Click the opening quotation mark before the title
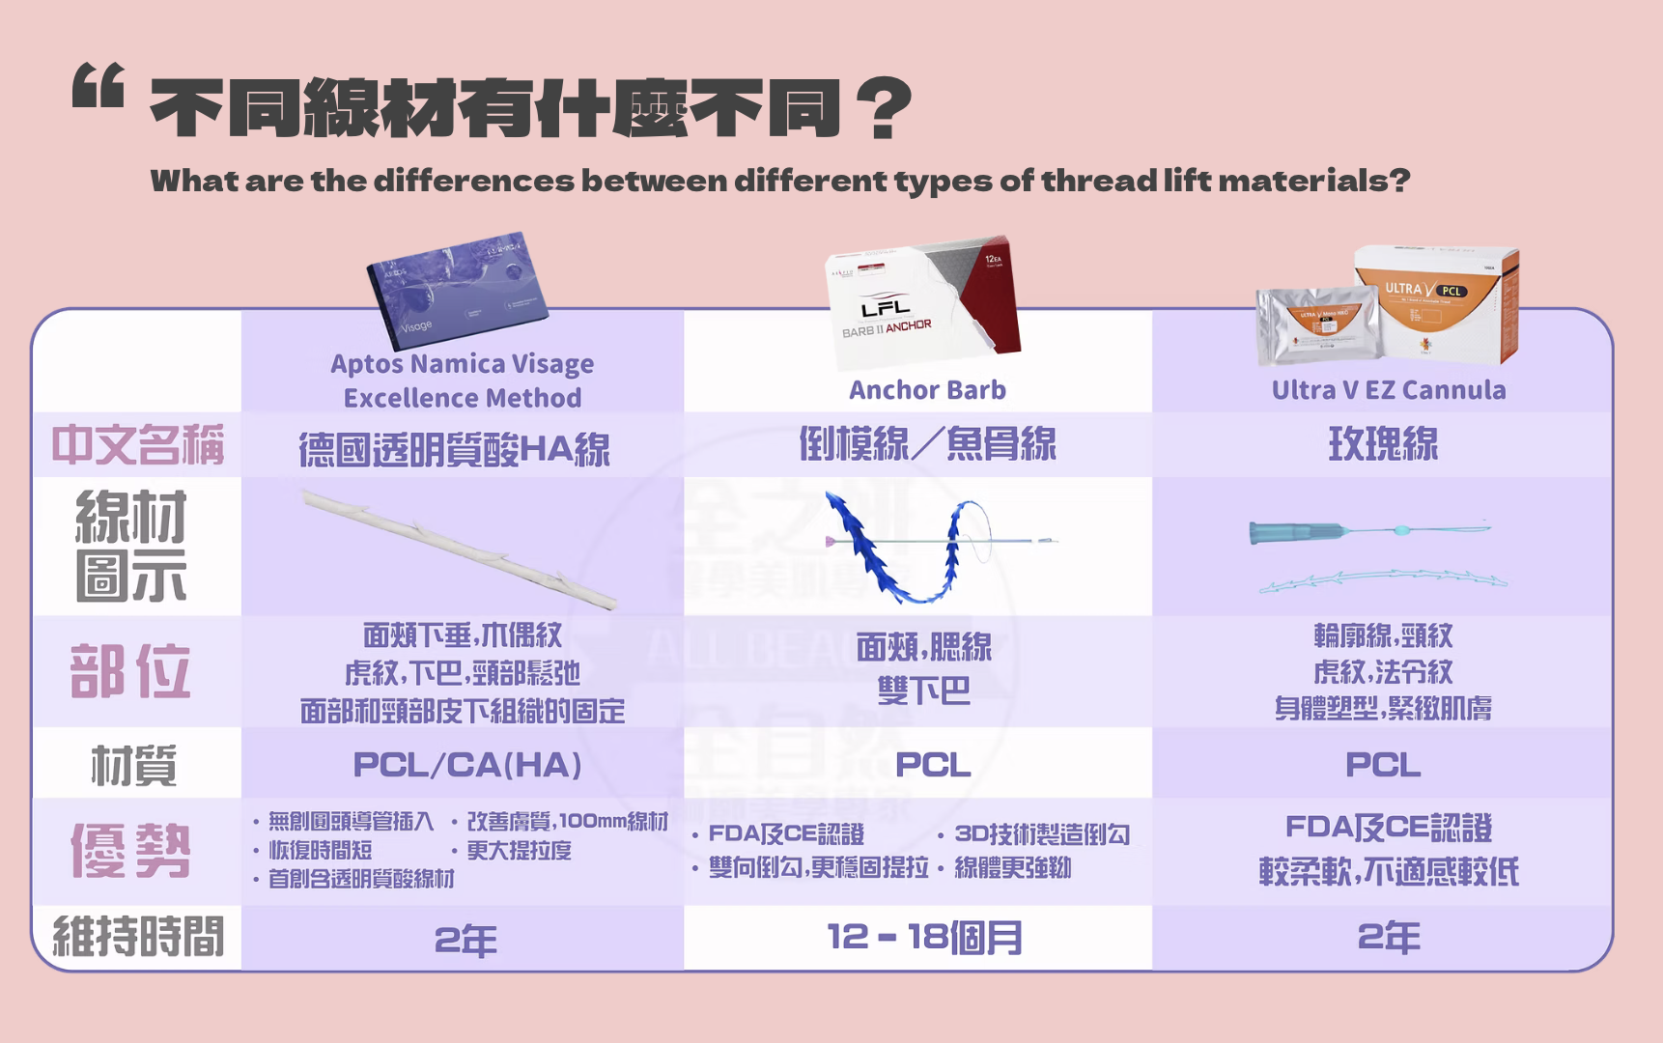(x=99, y=85)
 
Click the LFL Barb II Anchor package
(x=922, y=303)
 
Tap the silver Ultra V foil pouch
(x=1315, y=325)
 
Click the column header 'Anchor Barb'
(x=927, y=390)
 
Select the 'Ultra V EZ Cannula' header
(x=1388, y=390)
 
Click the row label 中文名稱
(x=137, y=445)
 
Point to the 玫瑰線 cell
(x=1383, y=444)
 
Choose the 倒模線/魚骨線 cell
(x=927, y=444)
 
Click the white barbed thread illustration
(x=460, y=549)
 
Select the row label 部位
(x=130, y=671)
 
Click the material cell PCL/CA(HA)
(x=467, y=765)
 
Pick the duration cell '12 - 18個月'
(x=925, y=937)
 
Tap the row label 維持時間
(x=138, y=937)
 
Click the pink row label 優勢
(x=130, y=851)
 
